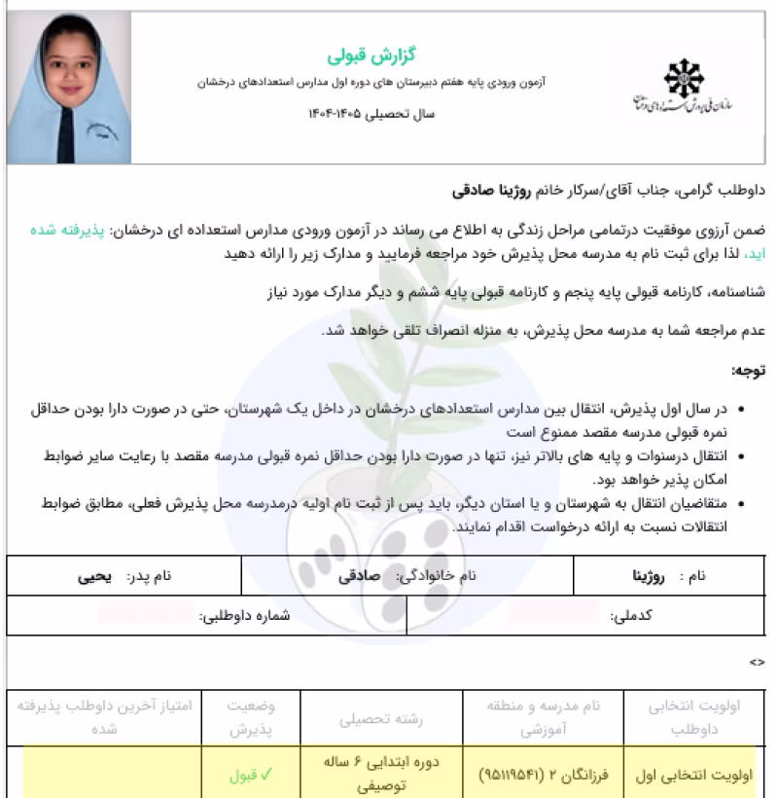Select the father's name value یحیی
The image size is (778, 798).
point(95,576)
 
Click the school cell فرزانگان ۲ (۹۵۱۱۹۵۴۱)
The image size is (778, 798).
point(543,776)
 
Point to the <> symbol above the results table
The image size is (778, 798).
point(757,663)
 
